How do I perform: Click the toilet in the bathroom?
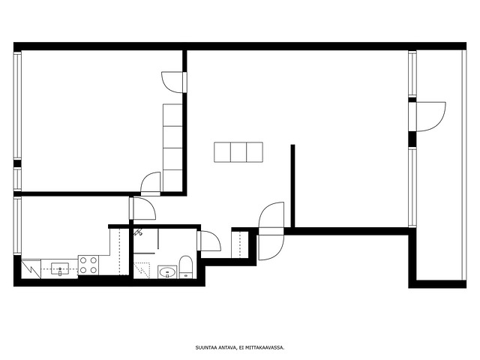(x=185, y=267)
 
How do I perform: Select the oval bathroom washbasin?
(x=167, y=271)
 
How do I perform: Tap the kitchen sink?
(x=60, y=269)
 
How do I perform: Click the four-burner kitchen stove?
(x=88, y=265)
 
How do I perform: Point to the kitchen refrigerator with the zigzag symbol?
(x=31, y=269)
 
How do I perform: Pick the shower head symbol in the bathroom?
(x=138, y=232)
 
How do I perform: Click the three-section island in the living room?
(x=238, y=152)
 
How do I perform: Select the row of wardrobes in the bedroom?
(x=172, y=148)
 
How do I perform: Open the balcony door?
(x=427, y=117)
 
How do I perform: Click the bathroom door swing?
(x=209, y=241)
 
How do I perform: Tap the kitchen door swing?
(x=142, y=208)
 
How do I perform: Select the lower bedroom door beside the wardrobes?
(x=151, y=184)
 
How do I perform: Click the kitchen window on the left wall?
(x=17, y=226)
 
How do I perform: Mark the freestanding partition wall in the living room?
(x=292, y=186)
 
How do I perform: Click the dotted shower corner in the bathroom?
(x=142, y=270)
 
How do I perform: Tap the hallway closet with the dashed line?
(x=240, y=245)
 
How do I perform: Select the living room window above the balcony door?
(x=412, y=73)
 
